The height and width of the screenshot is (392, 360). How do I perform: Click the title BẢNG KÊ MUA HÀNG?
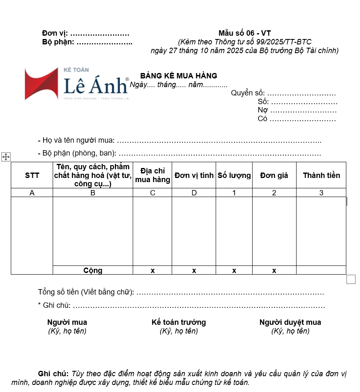[x=179, y=76]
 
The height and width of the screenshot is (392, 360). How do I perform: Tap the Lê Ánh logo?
[x=77, y=84]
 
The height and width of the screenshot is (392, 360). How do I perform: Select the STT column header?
[x=32, y=175]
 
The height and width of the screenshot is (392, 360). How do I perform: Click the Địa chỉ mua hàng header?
[x=153, y=175]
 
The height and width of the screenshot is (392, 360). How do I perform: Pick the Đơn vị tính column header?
[x=194, y=175]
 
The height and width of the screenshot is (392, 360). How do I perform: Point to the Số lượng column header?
[x=234, y=175]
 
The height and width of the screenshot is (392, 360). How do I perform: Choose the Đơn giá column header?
[x=274, y=175]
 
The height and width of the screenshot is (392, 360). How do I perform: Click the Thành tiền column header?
[x=321, y=175]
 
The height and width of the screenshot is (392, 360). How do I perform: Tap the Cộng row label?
[x=93, y=270]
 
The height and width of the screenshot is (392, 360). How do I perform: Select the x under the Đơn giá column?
[x=274, y=271]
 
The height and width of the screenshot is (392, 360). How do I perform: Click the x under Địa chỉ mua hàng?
[x=153, y=271]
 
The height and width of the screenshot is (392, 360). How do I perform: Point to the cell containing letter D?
[x=194, y=193]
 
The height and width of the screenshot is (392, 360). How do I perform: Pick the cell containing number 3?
[x=321, y=193]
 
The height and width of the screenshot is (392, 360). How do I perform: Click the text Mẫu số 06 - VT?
[x=245, y=33]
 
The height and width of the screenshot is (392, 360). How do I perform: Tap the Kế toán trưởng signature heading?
[x=179, y=322]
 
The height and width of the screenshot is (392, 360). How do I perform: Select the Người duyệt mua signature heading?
[x=290, y=322]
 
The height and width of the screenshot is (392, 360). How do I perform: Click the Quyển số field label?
[x=248, y=93]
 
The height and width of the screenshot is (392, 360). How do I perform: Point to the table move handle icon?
[x=6, y=157]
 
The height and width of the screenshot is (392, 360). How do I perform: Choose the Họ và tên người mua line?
[x=79, y=141]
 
